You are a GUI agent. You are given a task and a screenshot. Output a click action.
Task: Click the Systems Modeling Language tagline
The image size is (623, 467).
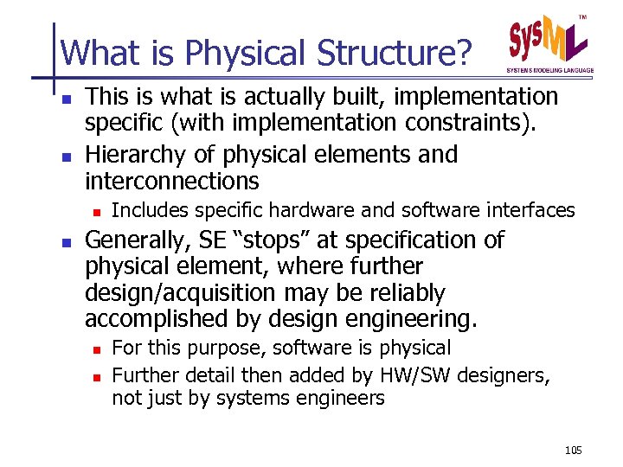550,70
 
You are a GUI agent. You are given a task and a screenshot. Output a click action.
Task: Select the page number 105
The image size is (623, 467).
573,450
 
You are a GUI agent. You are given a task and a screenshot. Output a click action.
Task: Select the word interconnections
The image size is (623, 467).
171,181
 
